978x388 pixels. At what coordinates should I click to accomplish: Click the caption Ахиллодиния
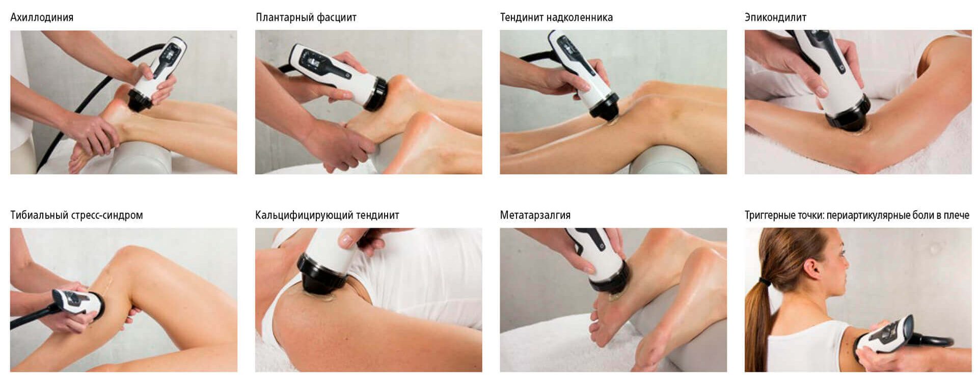click(42, 17)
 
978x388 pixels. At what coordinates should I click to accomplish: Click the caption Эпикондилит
click(775, 17)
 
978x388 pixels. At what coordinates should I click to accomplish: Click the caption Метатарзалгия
click(535, 215)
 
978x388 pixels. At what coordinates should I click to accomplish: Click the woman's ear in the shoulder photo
click(812, 268)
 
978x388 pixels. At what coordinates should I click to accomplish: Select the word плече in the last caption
click(956, 215)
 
